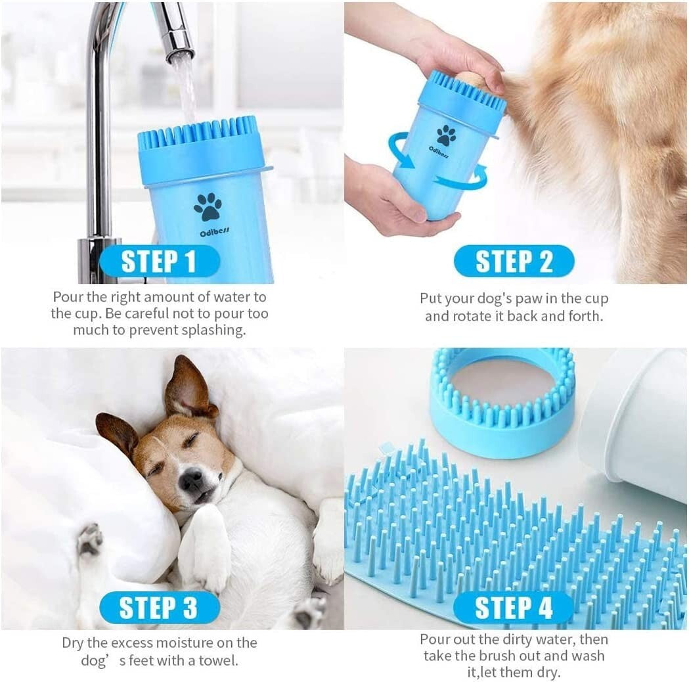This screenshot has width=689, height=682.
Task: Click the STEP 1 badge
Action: click(159, 261)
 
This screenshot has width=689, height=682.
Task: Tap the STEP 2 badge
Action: click(514, 261)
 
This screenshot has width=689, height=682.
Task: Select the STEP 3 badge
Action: click(159, 608)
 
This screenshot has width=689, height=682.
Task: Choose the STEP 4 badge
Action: click(514, 608)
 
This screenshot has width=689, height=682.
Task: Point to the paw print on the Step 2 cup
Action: click(447, 135)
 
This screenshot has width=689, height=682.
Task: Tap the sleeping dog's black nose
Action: click(192, 482)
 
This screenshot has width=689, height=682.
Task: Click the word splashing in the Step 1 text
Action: click(214, 330)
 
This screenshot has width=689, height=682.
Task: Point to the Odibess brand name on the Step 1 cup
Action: click(207, 233)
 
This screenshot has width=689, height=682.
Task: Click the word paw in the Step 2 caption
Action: click(522, 299)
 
